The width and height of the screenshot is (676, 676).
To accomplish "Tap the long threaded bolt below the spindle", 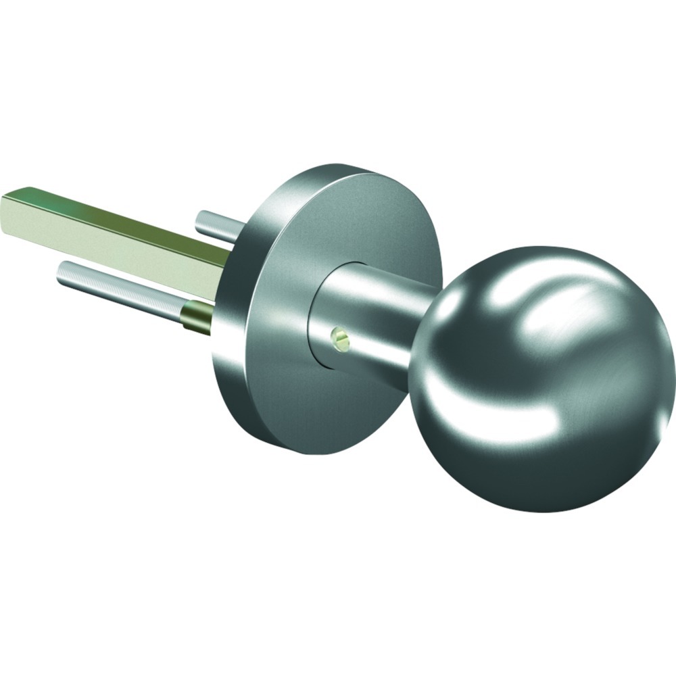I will tap(122, 291).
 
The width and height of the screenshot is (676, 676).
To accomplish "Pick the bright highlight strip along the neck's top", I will tap(379, 284).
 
